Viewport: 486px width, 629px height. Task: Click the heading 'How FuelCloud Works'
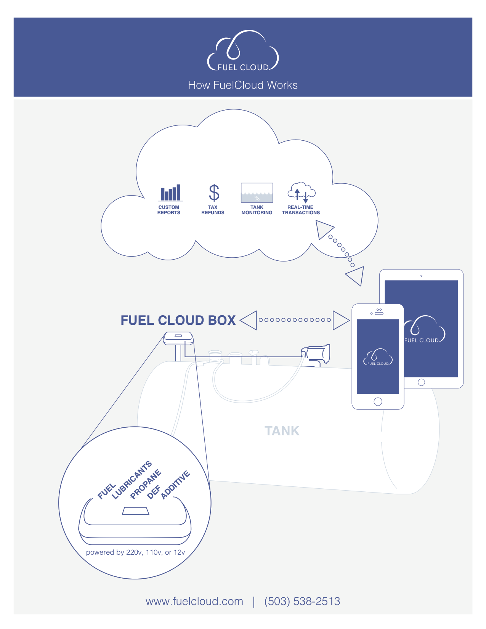243,85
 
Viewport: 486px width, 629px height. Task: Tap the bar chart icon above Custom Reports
170,193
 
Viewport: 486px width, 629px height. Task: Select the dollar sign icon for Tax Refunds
214,193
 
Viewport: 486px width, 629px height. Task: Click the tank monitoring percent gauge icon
257,193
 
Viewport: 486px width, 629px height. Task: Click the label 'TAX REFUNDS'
213,210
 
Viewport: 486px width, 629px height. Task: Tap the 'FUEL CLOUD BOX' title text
178,320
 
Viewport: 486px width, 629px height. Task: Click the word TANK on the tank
282,431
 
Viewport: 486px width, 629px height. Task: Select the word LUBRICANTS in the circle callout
132,480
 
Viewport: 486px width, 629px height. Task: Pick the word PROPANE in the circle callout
146,485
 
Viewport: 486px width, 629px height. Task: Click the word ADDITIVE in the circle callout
175,485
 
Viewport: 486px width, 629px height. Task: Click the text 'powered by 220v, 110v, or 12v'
135,552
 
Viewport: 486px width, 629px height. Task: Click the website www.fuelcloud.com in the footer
194,601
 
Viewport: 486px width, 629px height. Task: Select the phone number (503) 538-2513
302,601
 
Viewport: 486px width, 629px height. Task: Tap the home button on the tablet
421,382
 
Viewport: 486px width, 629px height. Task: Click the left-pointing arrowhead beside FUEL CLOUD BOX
250,320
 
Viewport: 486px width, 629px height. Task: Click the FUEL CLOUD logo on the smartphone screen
378,358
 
